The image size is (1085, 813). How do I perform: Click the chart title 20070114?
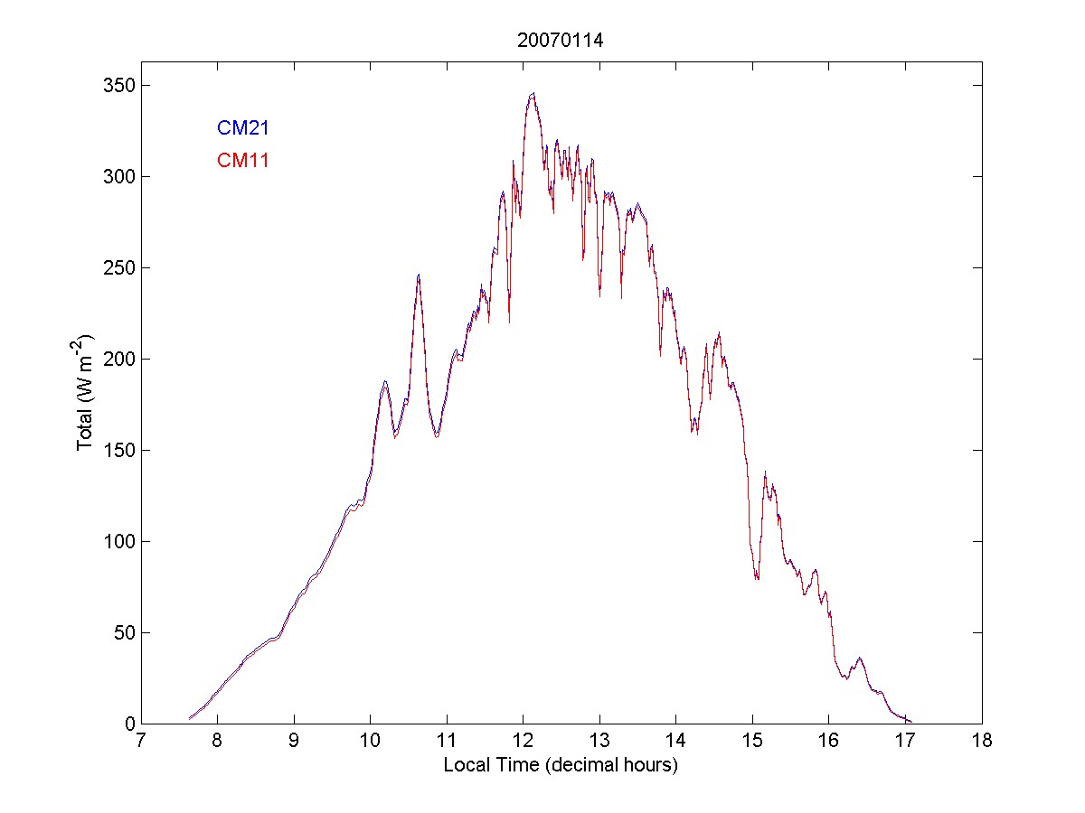point(560,40)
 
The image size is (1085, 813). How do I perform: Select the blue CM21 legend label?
point(243,128)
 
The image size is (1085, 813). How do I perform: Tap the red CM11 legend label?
point(243,161)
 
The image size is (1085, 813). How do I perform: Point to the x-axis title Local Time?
point(561,765)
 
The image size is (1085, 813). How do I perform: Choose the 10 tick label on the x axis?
point(370,742)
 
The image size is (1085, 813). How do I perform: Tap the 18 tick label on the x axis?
point(982,742)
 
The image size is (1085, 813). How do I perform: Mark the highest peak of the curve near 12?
point(533,93)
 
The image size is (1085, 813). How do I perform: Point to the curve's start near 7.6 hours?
point(189,718)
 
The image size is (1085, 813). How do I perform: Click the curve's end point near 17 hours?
point(910,722)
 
